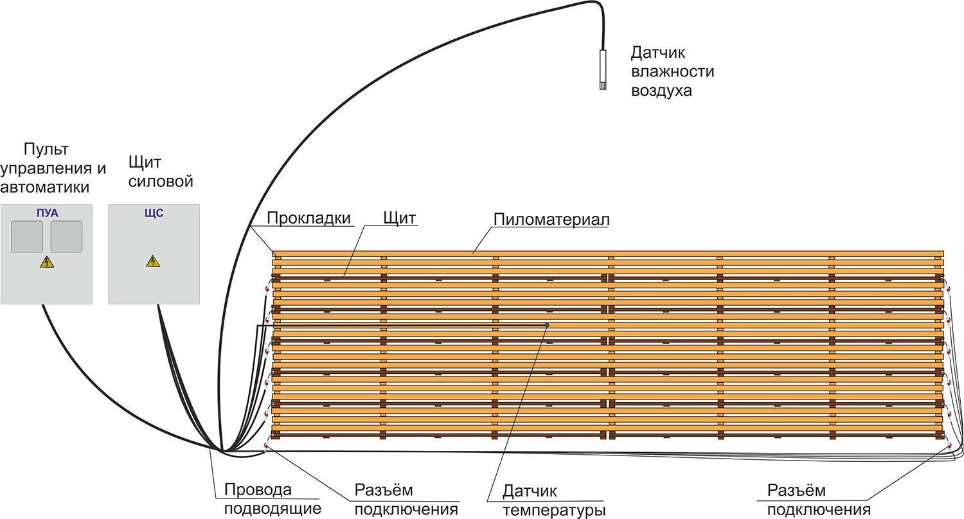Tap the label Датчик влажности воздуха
(672, 71)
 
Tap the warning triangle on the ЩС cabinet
(153, 261)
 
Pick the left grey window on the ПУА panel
(27, 236)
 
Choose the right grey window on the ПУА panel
(67, 236)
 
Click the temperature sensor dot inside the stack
(547, 325)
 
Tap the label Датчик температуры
(554, 501)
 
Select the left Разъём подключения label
(406, 500)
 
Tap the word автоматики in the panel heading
(45, 187)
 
